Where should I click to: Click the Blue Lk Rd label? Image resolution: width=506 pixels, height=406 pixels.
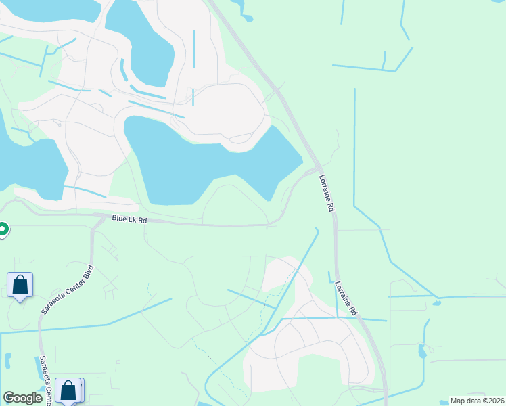129,219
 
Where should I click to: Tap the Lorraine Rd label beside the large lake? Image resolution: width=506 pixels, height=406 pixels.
326,194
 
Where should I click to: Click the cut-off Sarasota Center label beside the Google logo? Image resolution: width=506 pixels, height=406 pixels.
45,379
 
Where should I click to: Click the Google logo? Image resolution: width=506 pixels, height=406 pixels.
23,398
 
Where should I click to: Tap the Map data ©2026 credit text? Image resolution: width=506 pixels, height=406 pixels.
476,401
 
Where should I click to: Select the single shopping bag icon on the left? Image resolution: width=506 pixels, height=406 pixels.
20,286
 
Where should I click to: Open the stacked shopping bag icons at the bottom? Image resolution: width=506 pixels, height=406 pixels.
69,390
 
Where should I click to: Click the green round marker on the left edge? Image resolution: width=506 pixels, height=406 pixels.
2,230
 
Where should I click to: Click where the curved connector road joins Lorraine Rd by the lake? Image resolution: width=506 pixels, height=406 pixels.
317,168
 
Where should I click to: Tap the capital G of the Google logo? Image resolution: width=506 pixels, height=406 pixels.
9,398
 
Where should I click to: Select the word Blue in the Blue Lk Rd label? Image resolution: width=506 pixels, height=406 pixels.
120,218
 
